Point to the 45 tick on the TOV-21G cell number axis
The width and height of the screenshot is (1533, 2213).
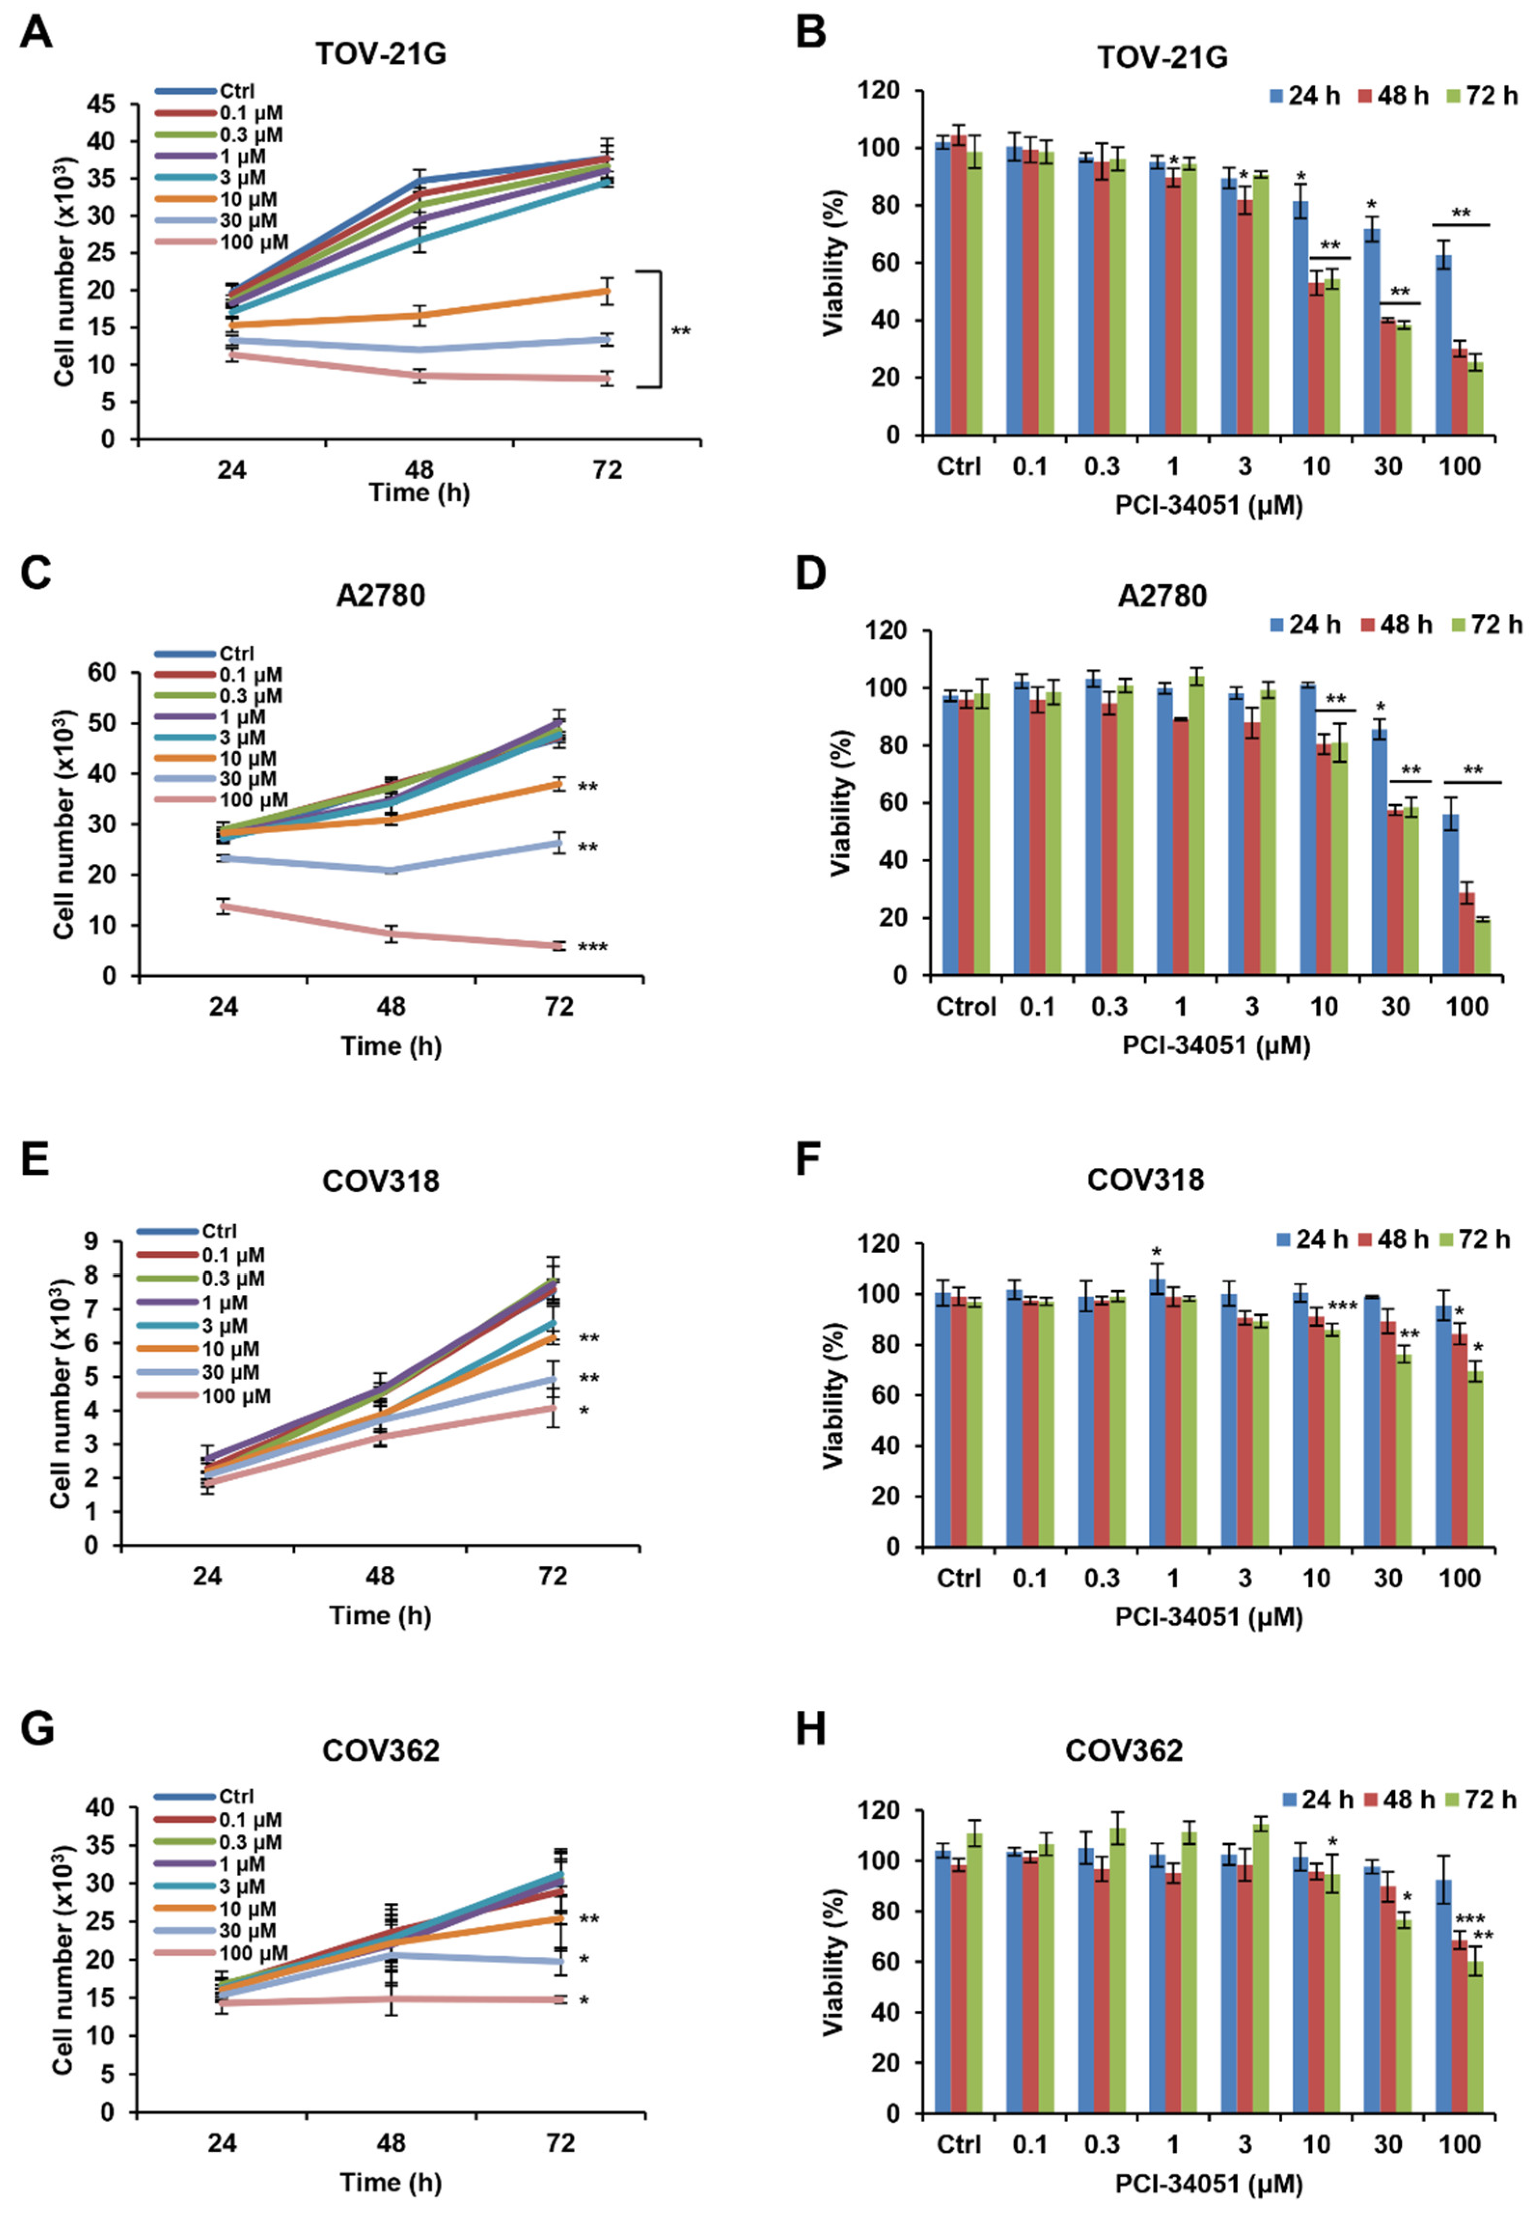tap(109, 104)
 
